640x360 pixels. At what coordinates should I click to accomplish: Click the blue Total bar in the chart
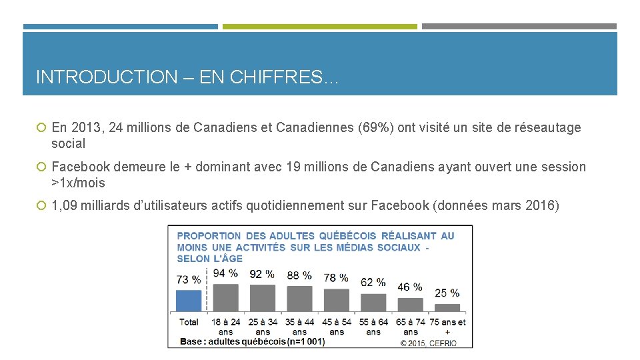coord(189,301)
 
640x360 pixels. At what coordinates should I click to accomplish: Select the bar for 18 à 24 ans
coord(225,298)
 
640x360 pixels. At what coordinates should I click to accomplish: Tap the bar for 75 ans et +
coord(447,308)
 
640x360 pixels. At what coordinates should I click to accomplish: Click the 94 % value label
coord(225,273)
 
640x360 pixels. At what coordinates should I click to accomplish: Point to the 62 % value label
coord(373,282)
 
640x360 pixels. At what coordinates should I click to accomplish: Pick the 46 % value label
coord(409,287)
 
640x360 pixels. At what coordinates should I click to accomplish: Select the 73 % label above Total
coord(188,279)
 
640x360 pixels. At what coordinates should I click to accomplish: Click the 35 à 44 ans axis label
coord(299,327)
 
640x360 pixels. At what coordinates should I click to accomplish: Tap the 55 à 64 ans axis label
coord(373,327)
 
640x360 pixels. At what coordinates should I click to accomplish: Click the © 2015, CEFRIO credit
coord(435,342)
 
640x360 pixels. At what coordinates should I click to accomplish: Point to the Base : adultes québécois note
coord(252,342)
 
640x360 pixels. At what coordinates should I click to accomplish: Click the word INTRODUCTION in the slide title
coord(106,77)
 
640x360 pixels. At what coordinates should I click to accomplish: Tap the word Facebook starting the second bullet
coord(80,167)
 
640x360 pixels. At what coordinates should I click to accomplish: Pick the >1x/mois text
coord(78,183)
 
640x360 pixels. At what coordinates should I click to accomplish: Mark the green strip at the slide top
coord(319,27)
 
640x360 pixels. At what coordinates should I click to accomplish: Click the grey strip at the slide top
coord(519,27)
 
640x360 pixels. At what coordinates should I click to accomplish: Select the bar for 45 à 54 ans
coord(336,300)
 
